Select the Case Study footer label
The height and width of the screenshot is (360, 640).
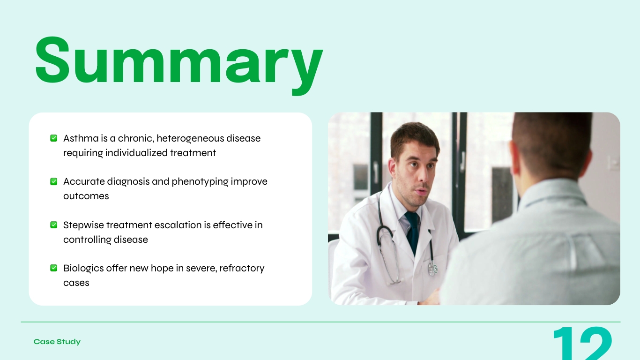[x=57, y=342]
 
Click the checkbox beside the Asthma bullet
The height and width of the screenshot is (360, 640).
[x=54, y=138]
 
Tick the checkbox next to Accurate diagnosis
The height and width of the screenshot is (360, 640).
[x=54, y=181]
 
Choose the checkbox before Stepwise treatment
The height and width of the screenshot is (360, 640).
[x=54, y=225]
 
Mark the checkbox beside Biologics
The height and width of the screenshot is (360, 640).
[x=54, y=268]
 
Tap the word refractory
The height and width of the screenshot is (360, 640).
[x=242, y=268]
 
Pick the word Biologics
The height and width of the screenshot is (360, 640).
[x=83, y=268]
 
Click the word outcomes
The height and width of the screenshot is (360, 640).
[x=86, y=196]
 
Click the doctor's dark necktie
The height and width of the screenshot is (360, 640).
[x=412, y=232]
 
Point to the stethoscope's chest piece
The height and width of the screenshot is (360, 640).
[x=432, y=269]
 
